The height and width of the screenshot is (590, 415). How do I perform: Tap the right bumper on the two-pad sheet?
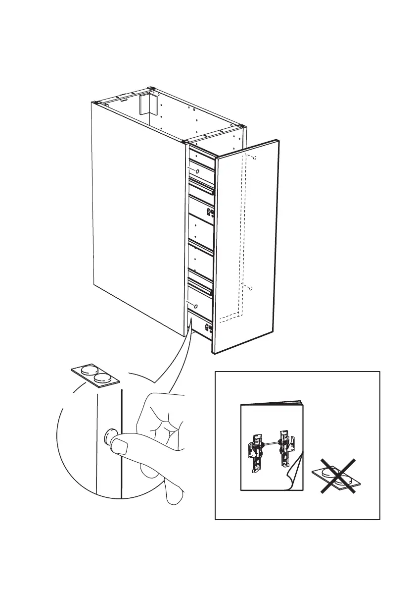click(x=103, y=378)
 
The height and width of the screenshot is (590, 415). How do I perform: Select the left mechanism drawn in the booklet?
click(x=255, y=448)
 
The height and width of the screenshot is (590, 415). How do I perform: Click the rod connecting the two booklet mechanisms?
click(x=270, y=442)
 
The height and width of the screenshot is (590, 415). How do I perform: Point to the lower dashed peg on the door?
click(x=251, y=288)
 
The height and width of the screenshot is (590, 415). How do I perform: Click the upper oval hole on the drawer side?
click(x=197, y=171)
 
